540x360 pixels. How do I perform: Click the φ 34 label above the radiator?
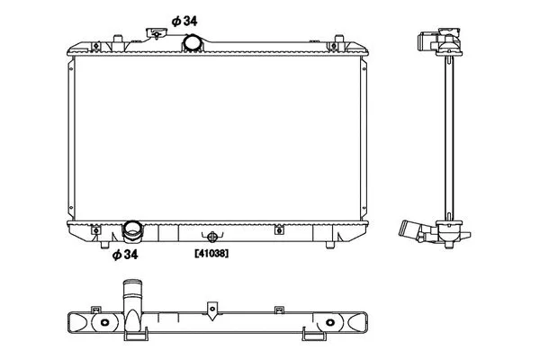point(184,22)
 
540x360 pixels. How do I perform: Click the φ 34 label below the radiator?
point(125,255)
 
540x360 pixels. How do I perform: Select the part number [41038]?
point(211,254)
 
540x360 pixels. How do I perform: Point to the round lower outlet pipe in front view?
point(132,229)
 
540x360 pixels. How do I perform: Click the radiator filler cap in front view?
point(157,33)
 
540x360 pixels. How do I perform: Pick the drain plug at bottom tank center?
point(212,237)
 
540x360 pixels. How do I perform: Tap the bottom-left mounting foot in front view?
point(104,245)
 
